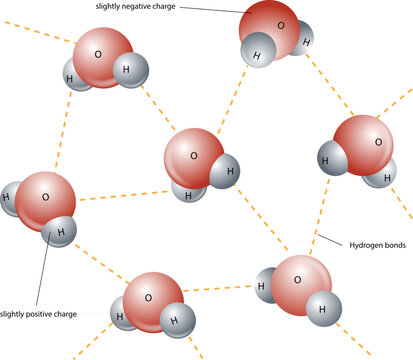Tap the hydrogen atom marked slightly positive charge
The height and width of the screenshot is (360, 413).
coord(61,231)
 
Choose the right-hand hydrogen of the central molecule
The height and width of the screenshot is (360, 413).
coord(228,172)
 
